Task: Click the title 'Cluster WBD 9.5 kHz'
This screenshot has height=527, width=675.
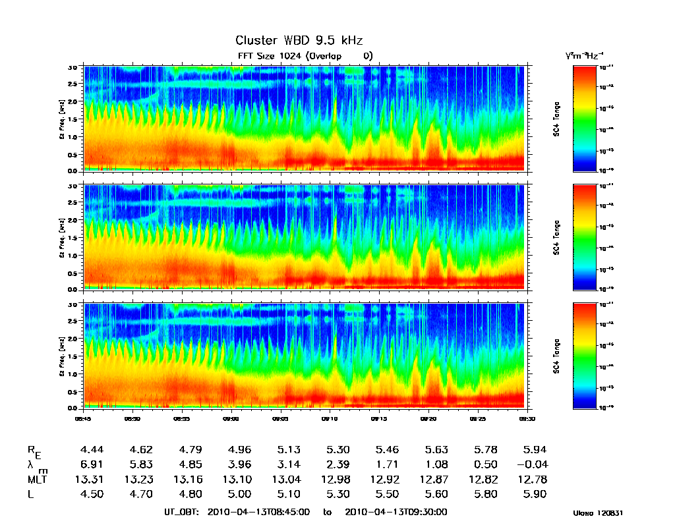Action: (x=299, y=41)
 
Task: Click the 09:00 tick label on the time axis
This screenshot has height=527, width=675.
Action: (x=231, y=418)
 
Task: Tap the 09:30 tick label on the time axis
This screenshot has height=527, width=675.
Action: (x=525, y=418)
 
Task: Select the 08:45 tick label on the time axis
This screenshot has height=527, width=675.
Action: (x=84, y=418)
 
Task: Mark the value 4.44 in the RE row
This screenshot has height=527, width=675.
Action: (x=91, y=450)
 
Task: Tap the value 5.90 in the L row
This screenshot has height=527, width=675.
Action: (x=535, y=495)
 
